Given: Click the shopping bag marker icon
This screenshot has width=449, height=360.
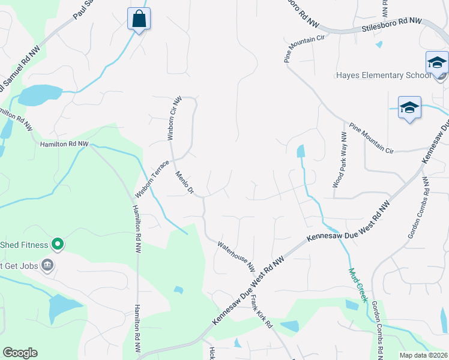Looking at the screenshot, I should [139, 19].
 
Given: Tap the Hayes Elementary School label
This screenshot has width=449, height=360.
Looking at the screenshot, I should [383, 76].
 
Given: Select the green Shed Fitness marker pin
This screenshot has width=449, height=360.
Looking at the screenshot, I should [58, 244].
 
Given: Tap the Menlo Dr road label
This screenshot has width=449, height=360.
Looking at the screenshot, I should [184, 182].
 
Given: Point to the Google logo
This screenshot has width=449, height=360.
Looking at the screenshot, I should [20, 353].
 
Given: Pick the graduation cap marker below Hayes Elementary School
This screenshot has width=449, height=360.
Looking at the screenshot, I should [409, 108].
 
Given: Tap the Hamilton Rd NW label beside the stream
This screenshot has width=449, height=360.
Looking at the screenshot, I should [64, 145].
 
